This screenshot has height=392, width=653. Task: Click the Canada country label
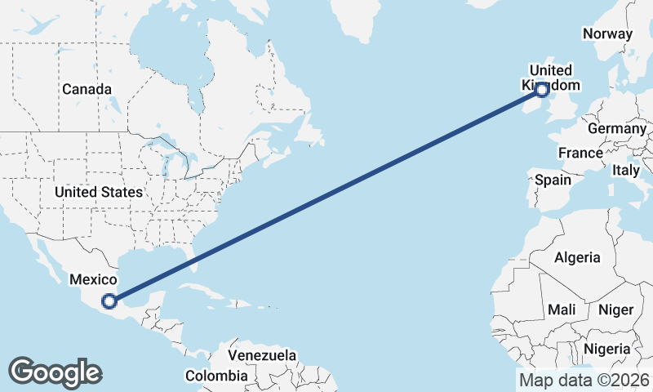(x=87, y=88)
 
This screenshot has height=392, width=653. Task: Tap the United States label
(x=99, y=192)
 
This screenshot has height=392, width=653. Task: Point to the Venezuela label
(x=262, y=356)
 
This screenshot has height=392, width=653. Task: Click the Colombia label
(x=216, y=376)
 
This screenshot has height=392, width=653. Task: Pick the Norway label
(x=607, y=33)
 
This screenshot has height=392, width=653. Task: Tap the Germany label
(x=616, y=129)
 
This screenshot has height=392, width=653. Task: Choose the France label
(x=580, y=153)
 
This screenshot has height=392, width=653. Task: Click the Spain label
(x=553, y=180)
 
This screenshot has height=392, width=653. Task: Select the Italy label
(x=626, y=171)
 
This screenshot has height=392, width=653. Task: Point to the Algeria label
(x=577, y=257)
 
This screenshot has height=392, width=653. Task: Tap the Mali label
(x=562, y=310)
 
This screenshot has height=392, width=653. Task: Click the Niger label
(x=615, y=310)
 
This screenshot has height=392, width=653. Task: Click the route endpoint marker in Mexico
(x=109, y=301)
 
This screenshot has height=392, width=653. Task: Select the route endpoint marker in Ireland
(x=540, y=89)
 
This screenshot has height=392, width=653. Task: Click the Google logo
(x=55, y=372)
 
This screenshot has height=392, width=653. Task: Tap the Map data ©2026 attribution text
(x=584, y=380)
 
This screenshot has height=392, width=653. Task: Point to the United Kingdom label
(x=551, y=78)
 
